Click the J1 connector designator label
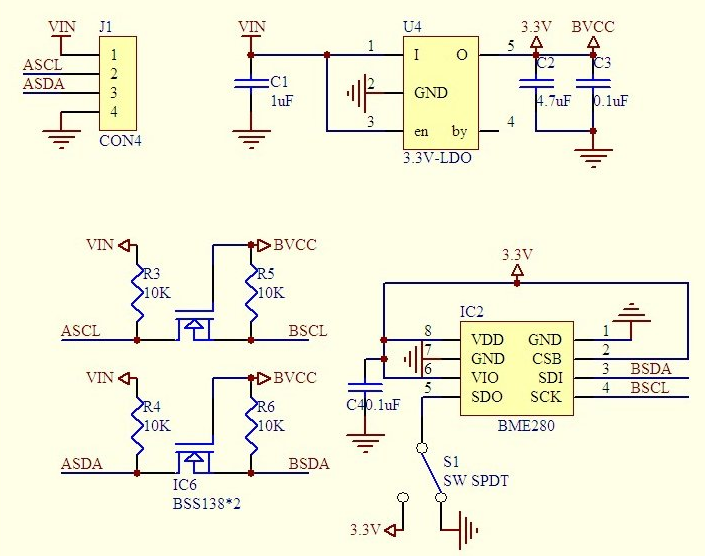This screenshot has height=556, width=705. point(106,27)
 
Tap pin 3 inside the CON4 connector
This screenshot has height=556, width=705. point(113,93)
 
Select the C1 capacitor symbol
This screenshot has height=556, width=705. point(251,83)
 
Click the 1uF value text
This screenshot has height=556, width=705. point(281,101)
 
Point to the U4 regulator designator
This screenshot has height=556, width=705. point(412,27)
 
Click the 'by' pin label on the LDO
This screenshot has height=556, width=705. point(459,131)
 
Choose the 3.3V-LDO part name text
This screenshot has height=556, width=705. point(437,158)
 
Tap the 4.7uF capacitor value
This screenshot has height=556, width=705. point(553,101)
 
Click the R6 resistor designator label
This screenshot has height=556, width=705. point(265,407)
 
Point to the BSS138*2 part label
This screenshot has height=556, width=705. point(206,503)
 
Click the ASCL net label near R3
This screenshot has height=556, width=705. point(80,331)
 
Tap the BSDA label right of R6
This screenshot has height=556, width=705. point(309,463)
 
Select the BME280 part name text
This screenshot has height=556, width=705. point(526,425)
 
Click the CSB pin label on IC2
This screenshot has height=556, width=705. point(547,359)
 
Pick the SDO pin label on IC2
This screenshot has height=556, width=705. point(487,397)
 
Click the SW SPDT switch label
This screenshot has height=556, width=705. point(476,480)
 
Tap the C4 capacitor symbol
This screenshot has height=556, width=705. point(365,387)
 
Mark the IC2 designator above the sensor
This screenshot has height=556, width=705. point(472,311)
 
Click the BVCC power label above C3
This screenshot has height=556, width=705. point(593,27)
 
